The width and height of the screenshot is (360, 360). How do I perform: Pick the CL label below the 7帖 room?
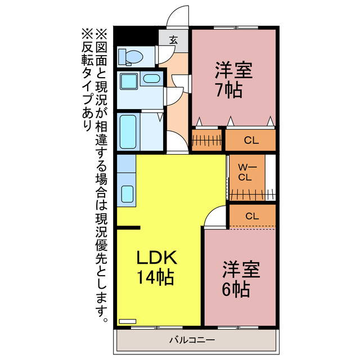coord(251,141)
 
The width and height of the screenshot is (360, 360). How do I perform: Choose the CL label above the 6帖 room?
coord(251,216)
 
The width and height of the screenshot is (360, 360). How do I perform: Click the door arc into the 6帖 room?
coord(214,217)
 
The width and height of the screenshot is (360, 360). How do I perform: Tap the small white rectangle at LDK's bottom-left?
coord(128,322)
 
